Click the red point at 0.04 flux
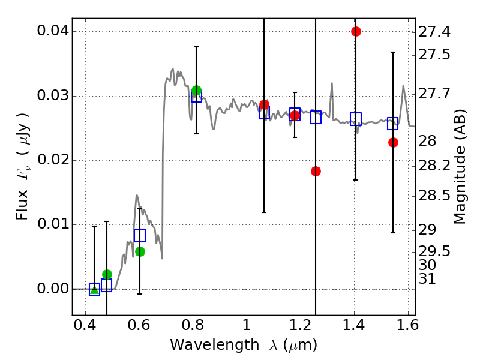pos(356,31)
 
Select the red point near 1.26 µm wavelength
pos(316,171)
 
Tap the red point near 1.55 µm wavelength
pos(393,142)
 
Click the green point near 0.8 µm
pos(196,91)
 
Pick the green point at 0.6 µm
pos(140,251)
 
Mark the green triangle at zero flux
pos(94,289)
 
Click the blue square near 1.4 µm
pos(356,119)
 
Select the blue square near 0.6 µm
pos(140,235)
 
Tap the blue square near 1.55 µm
pos(393,124)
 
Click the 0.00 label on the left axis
pos(53,289)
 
